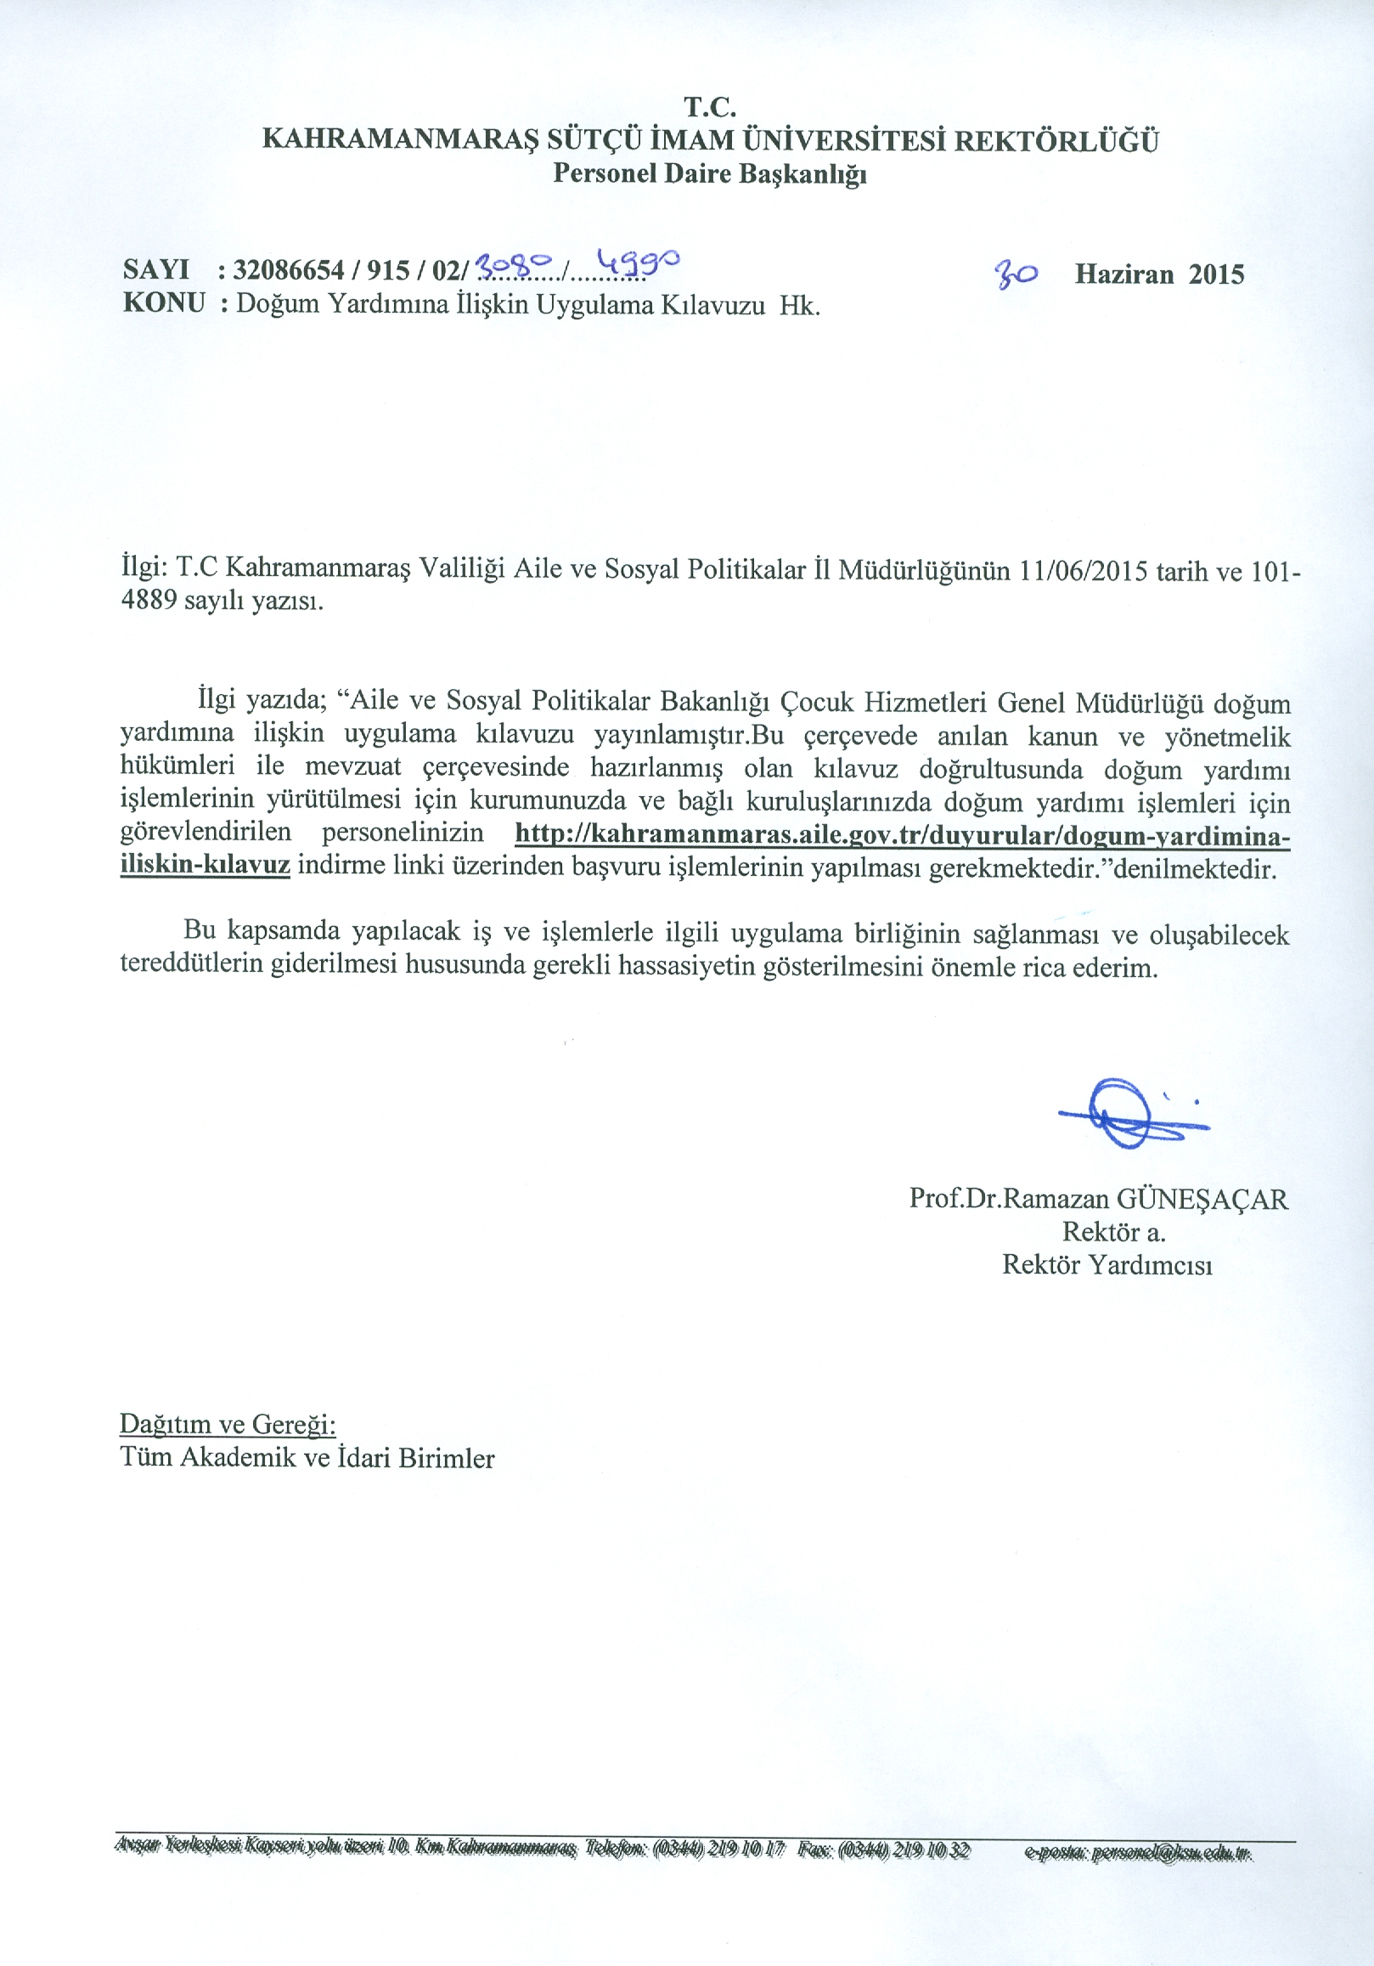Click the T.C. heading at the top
710,107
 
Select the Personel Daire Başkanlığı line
710,174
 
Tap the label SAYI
155,269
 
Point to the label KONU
165,303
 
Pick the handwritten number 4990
637,263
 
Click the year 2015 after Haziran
1216,274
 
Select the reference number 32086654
289,270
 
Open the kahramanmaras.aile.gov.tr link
902,835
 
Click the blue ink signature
1131,1113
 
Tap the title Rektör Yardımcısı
1107,1265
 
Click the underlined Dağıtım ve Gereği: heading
228,1424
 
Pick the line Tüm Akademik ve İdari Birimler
307,1457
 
